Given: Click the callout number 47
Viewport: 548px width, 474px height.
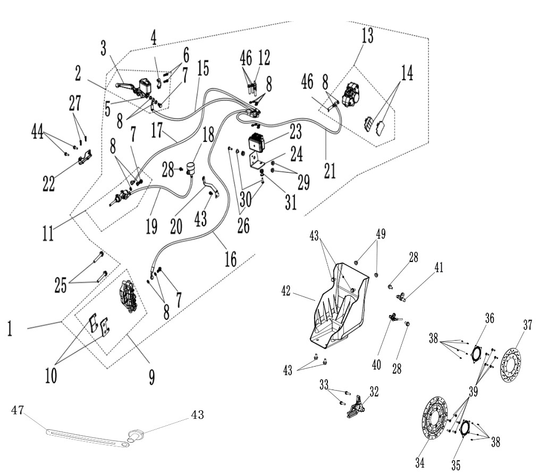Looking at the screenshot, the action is coord(18,410).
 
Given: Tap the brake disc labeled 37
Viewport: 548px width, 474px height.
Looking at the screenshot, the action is coord(511,361).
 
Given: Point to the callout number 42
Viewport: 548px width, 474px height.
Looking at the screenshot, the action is coord(286,291).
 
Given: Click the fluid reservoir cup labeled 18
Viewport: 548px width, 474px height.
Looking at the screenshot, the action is coord(190,168).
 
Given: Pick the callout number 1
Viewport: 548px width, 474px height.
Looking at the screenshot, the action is coord(10,328).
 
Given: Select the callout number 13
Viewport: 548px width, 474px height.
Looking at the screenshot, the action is coord(367,36).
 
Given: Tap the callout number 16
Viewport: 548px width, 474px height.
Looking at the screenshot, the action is coord(230,259).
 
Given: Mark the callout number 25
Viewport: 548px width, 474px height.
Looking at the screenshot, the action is coord(61,285).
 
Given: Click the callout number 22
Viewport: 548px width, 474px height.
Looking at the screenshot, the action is coord(48,183).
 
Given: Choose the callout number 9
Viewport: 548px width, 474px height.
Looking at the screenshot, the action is coord(151,377).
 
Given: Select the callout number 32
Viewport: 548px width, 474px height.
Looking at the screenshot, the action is coord(374,392).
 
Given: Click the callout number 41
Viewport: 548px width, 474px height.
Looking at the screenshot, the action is coord(439,268).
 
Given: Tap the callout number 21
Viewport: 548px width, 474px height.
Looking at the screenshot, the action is coord(330,171).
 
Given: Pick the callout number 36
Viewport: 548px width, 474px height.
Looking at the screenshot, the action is coord(490,318).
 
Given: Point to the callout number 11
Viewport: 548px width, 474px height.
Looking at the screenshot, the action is coord(48,233).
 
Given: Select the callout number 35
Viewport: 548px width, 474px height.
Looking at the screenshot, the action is coord(456,465).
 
